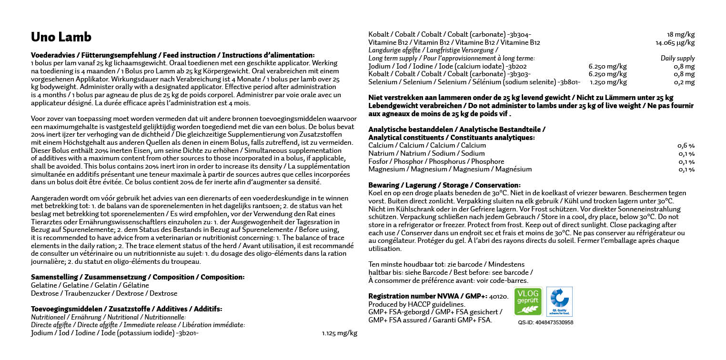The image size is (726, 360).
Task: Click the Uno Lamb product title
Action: point(61,37)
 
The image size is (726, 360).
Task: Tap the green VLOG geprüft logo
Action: point(528,301)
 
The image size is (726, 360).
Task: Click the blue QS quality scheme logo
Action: point(559,301)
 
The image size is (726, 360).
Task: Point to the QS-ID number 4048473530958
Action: point(545,322)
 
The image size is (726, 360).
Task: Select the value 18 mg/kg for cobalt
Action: point(681,34)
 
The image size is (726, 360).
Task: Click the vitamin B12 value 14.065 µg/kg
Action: point(675,42)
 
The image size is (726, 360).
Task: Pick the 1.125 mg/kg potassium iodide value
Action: point(339,333)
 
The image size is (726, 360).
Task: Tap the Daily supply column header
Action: point(677,58)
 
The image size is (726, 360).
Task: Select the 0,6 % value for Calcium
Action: point(686,145)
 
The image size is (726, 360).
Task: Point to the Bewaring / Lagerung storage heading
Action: point(444,185)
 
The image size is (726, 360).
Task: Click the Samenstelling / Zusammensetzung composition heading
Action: point(138,277)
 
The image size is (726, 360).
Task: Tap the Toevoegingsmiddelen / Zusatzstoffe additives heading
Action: point(126,309)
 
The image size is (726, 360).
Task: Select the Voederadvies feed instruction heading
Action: point(172,55)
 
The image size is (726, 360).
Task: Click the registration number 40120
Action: point(499,296)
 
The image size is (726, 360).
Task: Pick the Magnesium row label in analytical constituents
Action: point(450,169)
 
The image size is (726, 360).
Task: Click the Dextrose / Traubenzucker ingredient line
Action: point(104,293)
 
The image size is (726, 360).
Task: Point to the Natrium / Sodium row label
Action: point(426,153)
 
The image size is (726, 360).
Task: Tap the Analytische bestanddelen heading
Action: point(457,129)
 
